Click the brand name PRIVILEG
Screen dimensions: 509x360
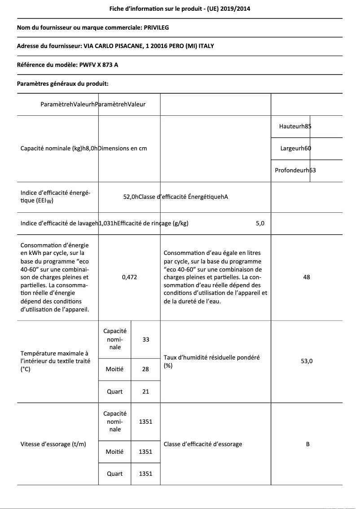pos(156,28)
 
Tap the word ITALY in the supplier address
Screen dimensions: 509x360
pos(211,46)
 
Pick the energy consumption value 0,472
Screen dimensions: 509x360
pos(130,277)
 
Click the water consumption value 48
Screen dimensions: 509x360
pos(307,277)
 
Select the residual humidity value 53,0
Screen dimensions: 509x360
pos(307,361)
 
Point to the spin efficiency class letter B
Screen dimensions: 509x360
pos(307,444)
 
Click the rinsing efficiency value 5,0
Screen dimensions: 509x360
pos(260,224)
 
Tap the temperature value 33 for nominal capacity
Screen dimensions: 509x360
pos(146,340)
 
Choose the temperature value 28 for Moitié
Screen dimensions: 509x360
pos(145,369)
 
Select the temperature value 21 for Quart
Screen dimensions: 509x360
pos(145,391)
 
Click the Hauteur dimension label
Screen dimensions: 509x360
pos(289,126)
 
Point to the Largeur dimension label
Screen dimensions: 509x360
pos(290,148)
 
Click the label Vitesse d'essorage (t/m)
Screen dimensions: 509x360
pos(53,444)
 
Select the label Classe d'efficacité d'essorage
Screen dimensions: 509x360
pos(203,444)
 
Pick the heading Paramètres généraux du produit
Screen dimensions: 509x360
pos(63,83)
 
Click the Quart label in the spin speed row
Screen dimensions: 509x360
pos(114,474)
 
